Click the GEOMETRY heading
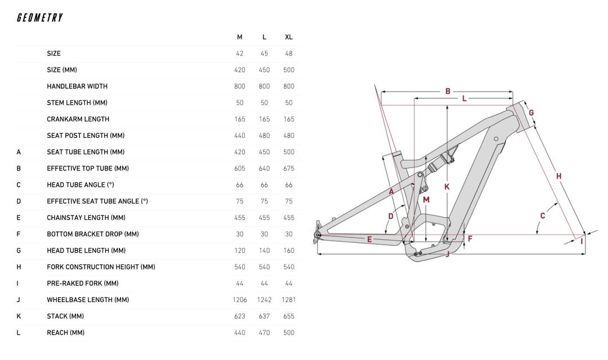coord(39,18)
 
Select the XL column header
coord(289,37)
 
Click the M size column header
coord(240,37)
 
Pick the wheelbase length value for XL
coord(289,300)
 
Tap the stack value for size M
coord(240,316)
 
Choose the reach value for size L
coord(264,332)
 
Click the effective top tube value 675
coord(289,168)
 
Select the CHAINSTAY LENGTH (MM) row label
coord(86,218)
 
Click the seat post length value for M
coord(240,136)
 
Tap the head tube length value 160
coord(289,250)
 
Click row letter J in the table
coord(19,300)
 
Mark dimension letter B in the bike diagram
coord(448,91)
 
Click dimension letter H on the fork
coord(558,176)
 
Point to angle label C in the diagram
coord(543,215)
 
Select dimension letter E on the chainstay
coord(369,239)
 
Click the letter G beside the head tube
coord(531,112)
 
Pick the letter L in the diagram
coord(464,99)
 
